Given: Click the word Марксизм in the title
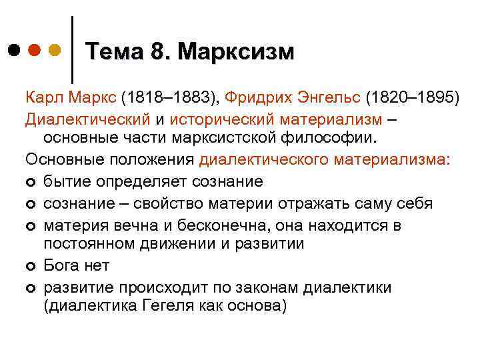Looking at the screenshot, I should pos(236,52).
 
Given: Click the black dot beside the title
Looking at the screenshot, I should pos(15,50).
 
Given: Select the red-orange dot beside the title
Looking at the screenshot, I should pos(35,50).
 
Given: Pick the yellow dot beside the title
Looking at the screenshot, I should pos(55,50).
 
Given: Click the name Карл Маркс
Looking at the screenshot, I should pos(71,99).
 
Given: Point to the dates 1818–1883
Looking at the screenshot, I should pos(173,99).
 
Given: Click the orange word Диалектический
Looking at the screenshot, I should pos(89,119).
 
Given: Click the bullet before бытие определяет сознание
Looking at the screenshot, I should pos(31,182).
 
